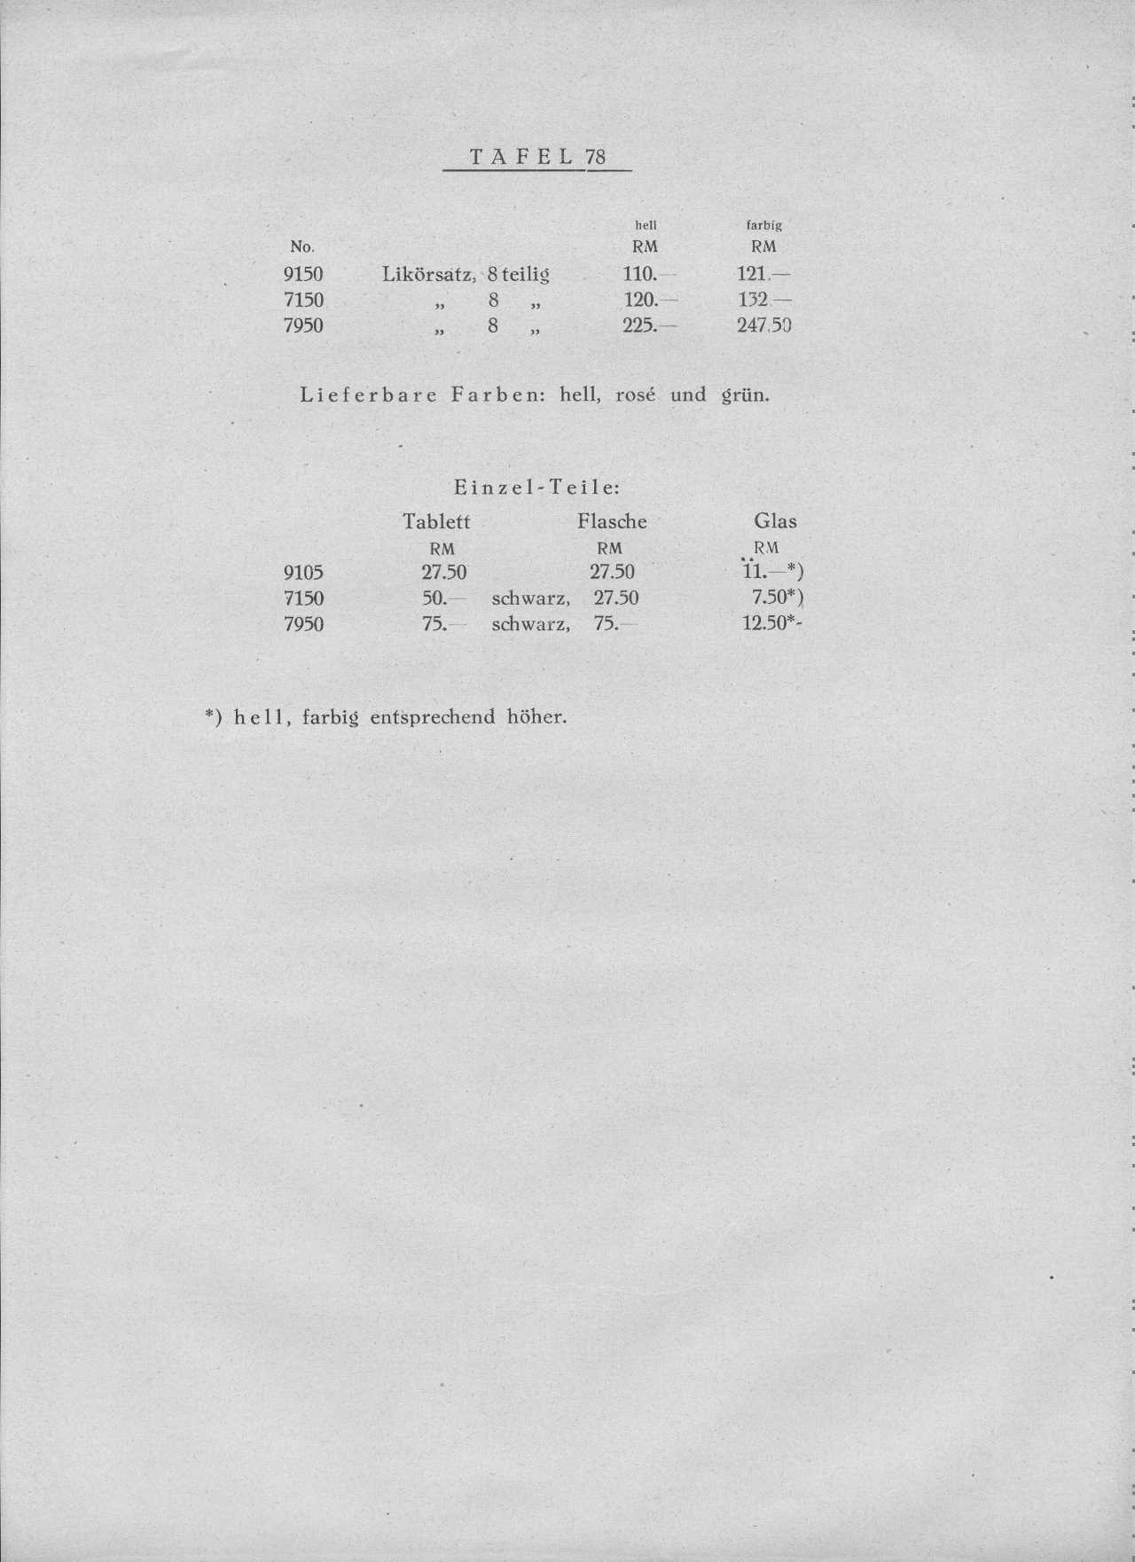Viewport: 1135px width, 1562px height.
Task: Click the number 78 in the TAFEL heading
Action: point(596,158)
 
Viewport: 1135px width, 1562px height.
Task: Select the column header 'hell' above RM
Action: point(646,226)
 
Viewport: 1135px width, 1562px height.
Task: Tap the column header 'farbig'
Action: point(763,226)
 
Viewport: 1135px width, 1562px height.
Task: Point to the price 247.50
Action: point(763,325)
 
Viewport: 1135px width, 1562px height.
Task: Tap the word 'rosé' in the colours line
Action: point(635,394)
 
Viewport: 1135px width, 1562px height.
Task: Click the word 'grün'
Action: point(744,394)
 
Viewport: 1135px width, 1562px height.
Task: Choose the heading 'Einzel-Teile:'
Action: point(536,488)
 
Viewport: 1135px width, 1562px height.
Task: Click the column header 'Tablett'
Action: point(436,521)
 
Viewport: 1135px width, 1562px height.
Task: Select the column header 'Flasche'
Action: point(612,521)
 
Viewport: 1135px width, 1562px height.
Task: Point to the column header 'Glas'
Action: point(775,521)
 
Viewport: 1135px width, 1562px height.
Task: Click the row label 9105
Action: point(303,573)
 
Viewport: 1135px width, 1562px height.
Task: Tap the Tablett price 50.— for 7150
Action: point(441,598)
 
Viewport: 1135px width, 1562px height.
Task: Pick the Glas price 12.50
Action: point(765,624)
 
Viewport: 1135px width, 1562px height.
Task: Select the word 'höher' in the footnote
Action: point(536,717)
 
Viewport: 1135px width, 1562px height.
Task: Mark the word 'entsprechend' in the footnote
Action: point(432,717)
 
